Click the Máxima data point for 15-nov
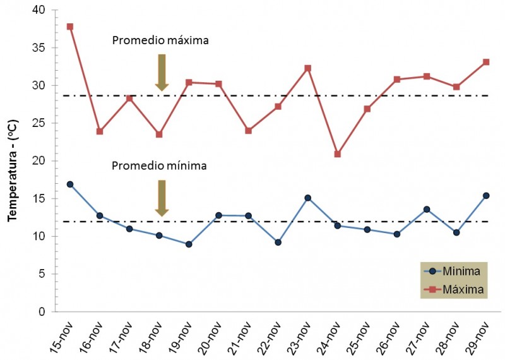(x=70, y=27)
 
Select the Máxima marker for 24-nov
(x=338, y=154)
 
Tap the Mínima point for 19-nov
(x=189, y=244)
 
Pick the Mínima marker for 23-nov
(x=308, y=198)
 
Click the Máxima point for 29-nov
(x=487, y=62)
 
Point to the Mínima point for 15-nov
(x=70, y=184)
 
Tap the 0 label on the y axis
(x=42, y=312)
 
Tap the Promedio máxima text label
(x=160, y=40)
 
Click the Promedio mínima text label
(x=160, y=166)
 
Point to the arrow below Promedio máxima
(x=162, y=72)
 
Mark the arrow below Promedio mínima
(x=162, y=198)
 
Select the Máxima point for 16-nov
(x=100, y=131)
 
